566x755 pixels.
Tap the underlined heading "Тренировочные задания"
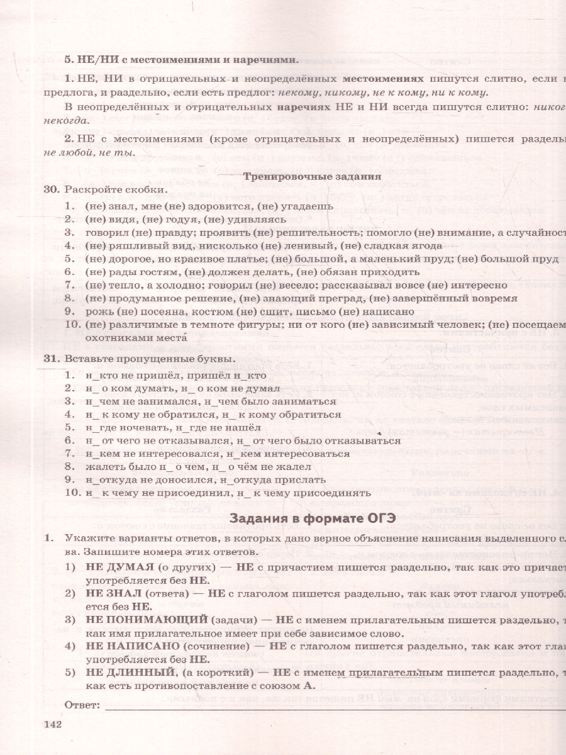pos(312,177)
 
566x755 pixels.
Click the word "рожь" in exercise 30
pos(96,311)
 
